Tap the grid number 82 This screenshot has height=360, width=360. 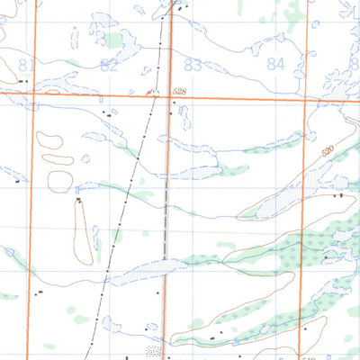pos(110,66)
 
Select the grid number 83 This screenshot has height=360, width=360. pos(193,64)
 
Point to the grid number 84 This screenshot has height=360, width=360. pos(276,64)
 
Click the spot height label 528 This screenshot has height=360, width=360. pos(179,91)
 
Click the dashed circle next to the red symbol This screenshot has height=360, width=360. pos(156,92)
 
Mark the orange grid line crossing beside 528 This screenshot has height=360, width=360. pos(167,94)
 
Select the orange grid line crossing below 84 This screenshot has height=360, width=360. pos(306,98)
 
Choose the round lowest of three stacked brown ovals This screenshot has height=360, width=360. pos(59,179)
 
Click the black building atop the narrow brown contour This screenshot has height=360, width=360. pos(79,199)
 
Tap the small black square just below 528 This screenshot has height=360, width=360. pos(173,103)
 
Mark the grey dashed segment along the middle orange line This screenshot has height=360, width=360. pos(166,216)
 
